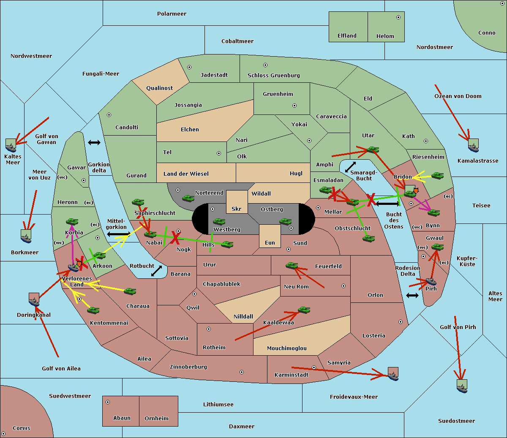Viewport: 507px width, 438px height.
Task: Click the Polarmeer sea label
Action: coord(172,14)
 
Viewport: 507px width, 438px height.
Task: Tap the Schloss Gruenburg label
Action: coord(273,76)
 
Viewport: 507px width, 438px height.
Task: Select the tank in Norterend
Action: coord(188,198)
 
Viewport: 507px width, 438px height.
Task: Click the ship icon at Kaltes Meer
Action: coord(11,145)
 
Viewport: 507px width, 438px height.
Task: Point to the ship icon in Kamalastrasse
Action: coord(473,146)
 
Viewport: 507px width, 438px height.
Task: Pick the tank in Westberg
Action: coord(219,221)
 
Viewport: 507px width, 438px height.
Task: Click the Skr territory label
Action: coord(236,209)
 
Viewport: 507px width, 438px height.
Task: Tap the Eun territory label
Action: coord(270,243)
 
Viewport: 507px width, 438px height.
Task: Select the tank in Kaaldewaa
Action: coord(304,310)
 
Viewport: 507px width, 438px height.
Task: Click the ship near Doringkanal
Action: coord(34,300)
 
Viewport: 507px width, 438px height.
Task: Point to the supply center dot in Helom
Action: coord(398,17)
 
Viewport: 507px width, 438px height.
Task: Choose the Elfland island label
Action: coord(347,36)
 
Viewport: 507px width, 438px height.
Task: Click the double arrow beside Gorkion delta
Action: coord(94,143)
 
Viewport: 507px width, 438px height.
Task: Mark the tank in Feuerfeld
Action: coord(292,266)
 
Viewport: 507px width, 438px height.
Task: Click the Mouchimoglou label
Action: coord(286,348)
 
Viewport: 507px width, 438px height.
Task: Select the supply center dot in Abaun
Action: coord(108,402)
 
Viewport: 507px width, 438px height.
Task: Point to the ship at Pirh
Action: coord(431,281)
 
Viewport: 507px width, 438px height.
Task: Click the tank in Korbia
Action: coord(72,222)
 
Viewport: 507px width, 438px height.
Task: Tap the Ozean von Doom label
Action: coord(458,96)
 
